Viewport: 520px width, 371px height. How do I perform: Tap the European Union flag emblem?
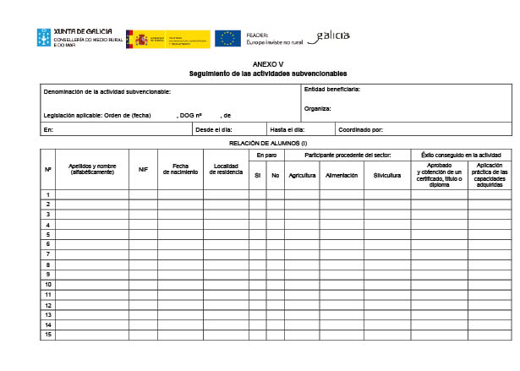pos(227,38)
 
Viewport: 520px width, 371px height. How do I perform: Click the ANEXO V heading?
pos(268,64)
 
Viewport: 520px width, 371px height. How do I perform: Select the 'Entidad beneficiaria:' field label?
pos(332,89)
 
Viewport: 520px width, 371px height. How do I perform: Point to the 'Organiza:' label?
pos(318,108)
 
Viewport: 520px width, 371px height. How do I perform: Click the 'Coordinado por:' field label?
pos(361,130)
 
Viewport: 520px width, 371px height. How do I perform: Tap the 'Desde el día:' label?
pos(213,130)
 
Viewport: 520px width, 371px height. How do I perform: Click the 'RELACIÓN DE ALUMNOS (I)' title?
pos(268,143)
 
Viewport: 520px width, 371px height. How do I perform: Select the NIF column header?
pos(143,169)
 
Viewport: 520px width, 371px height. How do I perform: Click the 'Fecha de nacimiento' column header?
pos(180,169)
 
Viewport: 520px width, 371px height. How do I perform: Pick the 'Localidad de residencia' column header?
pos(226,169)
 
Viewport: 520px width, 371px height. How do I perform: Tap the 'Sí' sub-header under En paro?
pos(257,176)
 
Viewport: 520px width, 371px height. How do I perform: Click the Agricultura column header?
pos(302,176)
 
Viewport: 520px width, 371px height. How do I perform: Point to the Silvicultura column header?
pos(387,176)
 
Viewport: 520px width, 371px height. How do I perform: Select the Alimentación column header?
pos(342,176)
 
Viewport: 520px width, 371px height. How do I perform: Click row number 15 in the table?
pos(48,335)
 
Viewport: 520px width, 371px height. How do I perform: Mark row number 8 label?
pos(48,265)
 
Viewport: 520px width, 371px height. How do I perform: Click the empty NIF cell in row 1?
pos(143,194)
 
